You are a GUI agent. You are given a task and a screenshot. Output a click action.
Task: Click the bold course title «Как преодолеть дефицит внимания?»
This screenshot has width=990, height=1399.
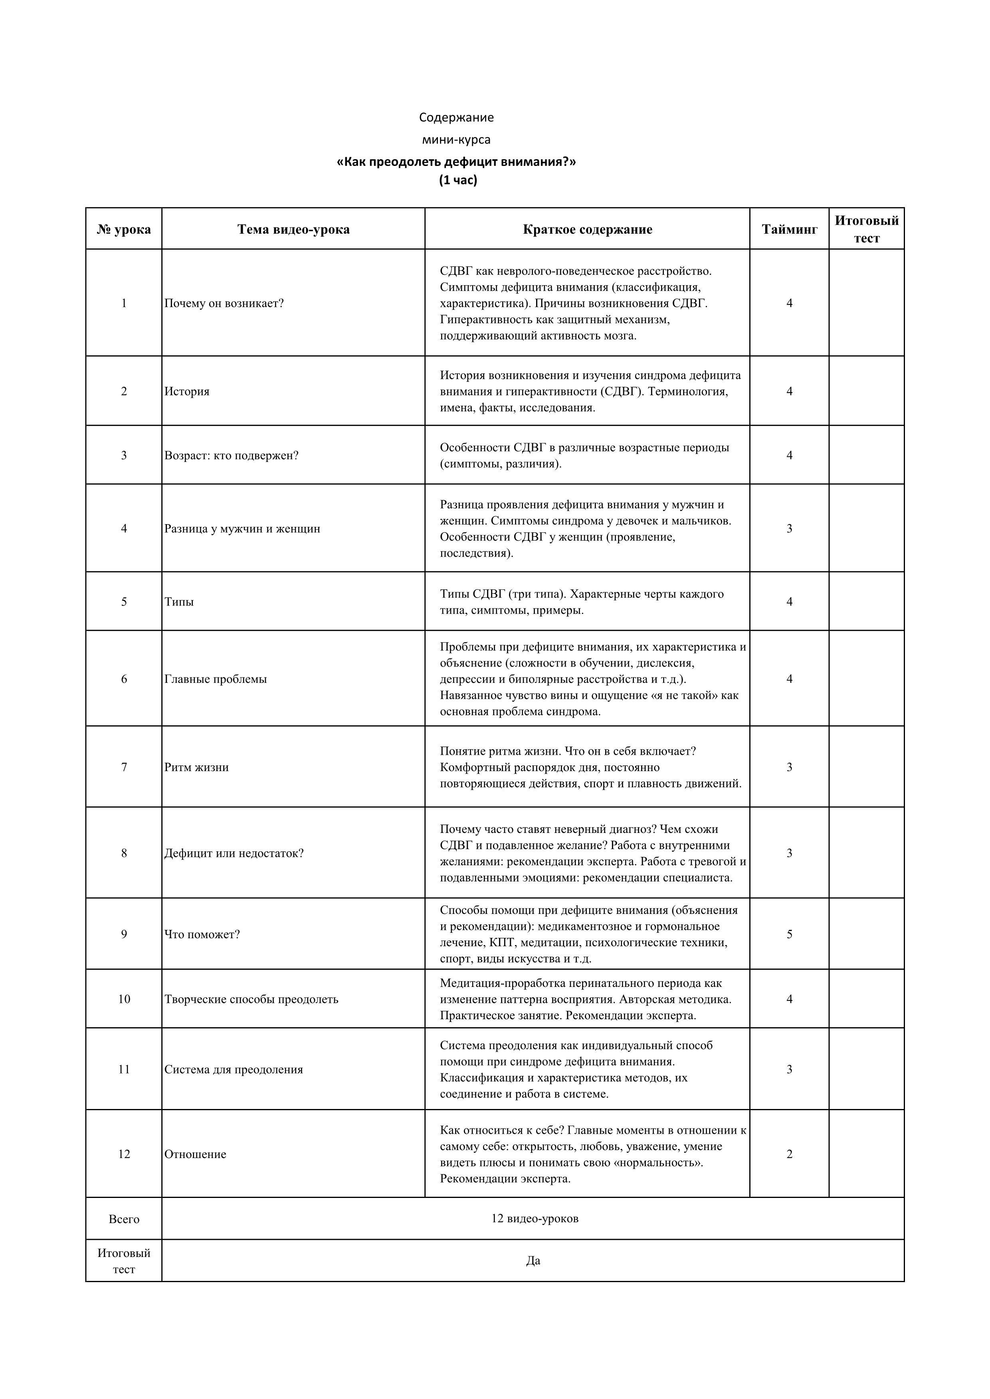(x=456, y=162)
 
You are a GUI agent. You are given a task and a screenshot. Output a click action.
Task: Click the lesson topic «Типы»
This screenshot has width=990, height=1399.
(x=179, y=602)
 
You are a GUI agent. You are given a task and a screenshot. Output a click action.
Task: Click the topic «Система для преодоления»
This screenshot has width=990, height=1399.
(x=234, y=1069)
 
